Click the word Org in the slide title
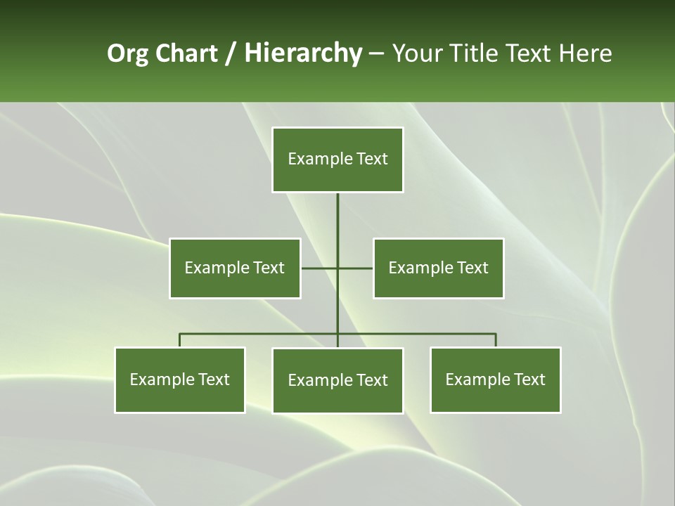click(128, 53)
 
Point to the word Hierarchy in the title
click(303, 53)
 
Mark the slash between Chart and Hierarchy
click(231, 53)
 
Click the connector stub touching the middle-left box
click(319, 268)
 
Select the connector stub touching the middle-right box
click(356, 268)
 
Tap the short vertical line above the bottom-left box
click(180, 340)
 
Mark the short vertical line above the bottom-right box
click(496, 340)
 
